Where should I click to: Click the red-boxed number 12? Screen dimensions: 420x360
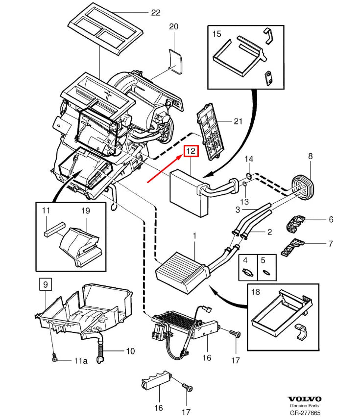tap(191, 152)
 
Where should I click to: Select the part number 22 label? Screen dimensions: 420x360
tap(155, 13)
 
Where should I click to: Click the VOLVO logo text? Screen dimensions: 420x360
tap(304, 398)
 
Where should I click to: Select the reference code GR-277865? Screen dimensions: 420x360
tap(304, 414)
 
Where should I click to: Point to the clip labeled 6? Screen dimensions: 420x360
tap(295, 223)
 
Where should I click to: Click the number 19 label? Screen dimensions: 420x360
tap(85, 211)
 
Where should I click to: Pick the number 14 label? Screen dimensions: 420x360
tap(249, 159)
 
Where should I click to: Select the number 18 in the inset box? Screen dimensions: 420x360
tap(255, 293)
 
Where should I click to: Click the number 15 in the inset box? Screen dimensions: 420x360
tap(216, 34)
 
